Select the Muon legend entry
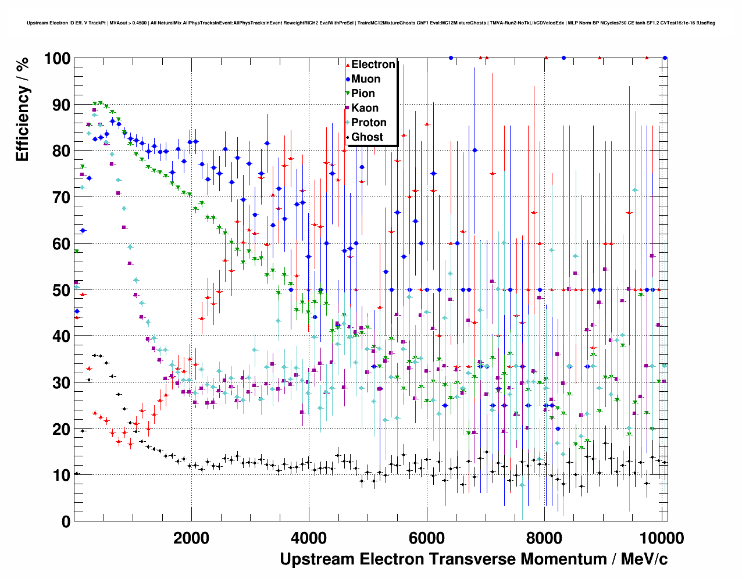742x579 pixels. pyautogui.click(x=366, y=79)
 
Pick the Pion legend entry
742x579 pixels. pyautogui.click(x=363, y=94)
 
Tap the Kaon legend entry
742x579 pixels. pyautogui.click(x=365, y=108)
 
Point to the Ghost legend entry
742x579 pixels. pyautogui.click(x=367, y=137)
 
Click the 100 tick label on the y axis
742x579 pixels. pyautogui.click(x=57, y=59)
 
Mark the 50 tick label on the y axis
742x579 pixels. pyautogui.click(x=61, y=290)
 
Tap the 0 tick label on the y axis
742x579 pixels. pyautogui.click(x=66, y=522)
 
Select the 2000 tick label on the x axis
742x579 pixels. pyautogui.click(x=191, y=538)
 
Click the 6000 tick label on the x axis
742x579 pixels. pyautogui.click(x=427, y=538)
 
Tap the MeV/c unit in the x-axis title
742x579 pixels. pyautogui.click(x=644, y=559)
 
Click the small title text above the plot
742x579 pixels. pyautogui.click(x=371, y=23)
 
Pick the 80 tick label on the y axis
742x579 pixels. pyautogui.click(x=61, y=151)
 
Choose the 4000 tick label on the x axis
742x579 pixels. pyautogui.click(x=309, y=538)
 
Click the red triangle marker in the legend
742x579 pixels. pyautogui.click(x=348, y=65)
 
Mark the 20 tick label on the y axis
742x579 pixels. pyautogui.click(x=61, y=430)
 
